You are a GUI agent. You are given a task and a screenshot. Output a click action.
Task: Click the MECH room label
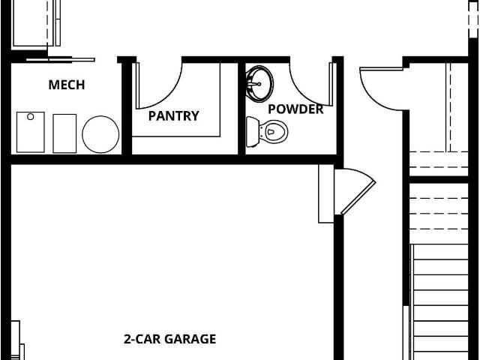tap(67, 85)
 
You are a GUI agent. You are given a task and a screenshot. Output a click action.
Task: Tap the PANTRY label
tap(173, 115)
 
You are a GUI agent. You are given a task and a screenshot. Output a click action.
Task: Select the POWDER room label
tap(295, 109)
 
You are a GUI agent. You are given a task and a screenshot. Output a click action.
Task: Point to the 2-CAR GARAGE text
tap(170, 339)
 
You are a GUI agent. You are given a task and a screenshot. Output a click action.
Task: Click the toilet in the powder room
tap(267, 132)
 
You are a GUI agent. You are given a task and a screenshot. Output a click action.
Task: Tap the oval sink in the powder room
tap(260, 84)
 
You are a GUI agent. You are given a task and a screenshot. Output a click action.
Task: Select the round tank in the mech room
tap(100, 134)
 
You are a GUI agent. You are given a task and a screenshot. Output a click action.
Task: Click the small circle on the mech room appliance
tap(30, 117)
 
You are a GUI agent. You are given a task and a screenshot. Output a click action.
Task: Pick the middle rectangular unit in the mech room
tap(64, 133)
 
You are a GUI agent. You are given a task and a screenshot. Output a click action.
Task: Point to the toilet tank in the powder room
tap(253, 132)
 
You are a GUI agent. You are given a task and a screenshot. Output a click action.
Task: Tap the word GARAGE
tap(190, 339)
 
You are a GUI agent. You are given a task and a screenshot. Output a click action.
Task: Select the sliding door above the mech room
tap(60, 59)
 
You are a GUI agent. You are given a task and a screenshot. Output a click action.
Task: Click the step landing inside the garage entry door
tap(326, 193)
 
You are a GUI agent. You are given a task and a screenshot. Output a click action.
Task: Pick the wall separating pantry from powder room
tap(241, 108)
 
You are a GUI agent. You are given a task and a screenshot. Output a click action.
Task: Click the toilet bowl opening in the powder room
tap(271, 132)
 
